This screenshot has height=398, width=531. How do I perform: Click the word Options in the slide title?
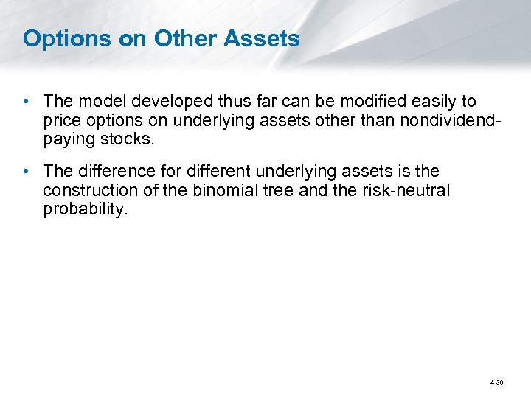click(x=65, y=39)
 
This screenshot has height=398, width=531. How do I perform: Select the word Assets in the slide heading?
click(x=263, y=38)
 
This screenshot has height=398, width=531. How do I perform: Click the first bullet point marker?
click(x=27, y=101)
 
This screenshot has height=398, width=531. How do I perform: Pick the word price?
click(x=62, y=120)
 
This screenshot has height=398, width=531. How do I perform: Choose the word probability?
click(x=85, y=209)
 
